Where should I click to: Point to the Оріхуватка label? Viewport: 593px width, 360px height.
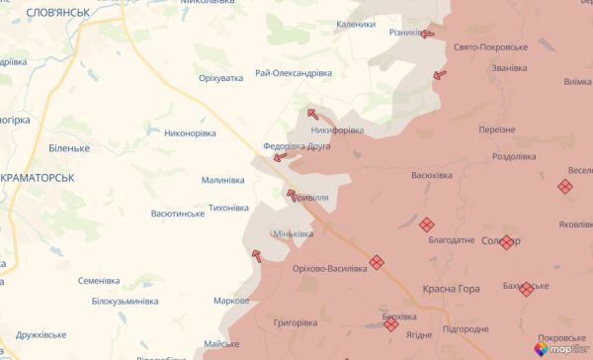coord(220,77)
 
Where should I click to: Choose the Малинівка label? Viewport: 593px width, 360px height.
coord(223,180)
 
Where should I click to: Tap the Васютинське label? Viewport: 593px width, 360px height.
coord(178,213)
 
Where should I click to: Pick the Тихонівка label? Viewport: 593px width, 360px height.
coord(228,208)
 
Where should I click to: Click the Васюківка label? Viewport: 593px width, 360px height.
coord(432,175)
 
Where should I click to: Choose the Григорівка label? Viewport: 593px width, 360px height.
coord(296,322)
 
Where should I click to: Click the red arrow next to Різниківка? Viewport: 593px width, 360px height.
coord(427,34)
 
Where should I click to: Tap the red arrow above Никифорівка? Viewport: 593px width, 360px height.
coord(314,114)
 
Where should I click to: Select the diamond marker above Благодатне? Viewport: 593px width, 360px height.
coord(427,225)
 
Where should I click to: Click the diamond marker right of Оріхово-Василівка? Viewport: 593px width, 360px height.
coord(376,263)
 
